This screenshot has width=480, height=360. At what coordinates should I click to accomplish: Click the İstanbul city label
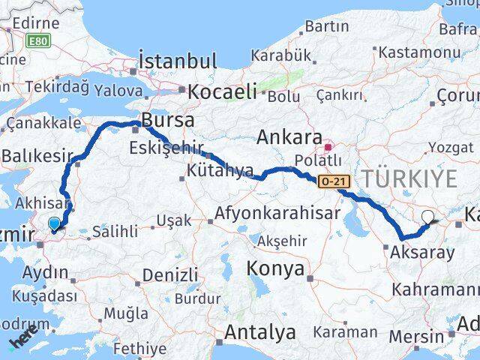click(x=177, y=61)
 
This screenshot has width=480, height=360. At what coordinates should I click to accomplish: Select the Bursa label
click(x=168, y=119)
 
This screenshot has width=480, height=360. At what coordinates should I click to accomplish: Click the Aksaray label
click(x=423, y=252)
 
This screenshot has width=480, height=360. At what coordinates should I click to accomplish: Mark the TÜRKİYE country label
click(x=409, y=178)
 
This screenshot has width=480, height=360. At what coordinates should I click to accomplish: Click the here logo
click(x=23, y=342)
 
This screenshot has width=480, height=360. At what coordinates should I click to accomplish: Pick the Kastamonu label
click(x=419, y=52)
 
